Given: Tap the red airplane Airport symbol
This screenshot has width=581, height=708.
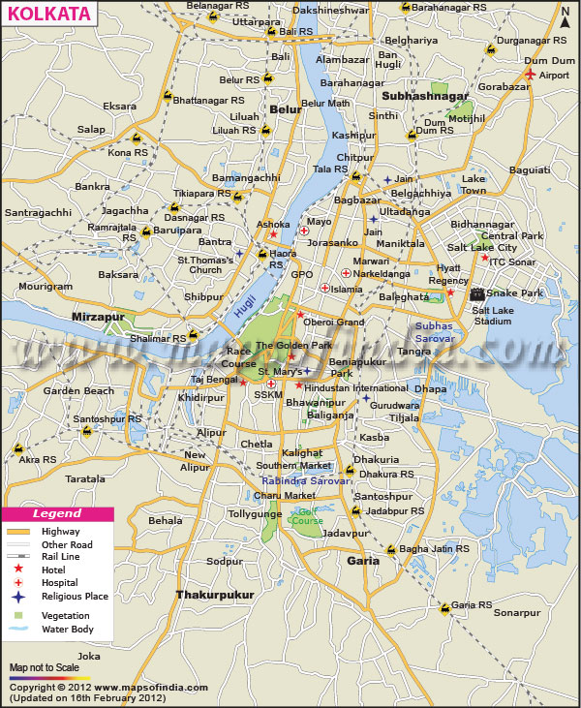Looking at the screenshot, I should (x=530, y=74).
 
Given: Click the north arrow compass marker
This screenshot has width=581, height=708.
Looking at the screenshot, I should (x=565, y=16).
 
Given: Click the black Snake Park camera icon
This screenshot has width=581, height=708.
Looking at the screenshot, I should (x=476, y=293).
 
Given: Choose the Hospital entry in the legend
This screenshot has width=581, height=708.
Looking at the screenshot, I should (x=59, y=583).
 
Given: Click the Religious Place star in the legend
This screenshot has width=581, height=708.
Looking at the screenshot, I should (x=19, y=597).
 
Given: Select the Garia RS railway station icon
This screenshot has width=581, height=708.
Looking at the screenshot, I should (x=444, y=607).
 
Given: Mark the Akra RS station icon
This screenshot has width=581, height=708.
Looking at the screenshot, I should (x=18, y=447).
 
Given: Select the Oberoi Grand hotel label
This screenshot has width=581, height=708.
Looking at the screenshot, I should (x=335, y=322).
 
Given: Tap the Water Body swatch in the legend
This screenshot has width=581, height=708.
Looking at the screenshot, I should (x=19, y=631).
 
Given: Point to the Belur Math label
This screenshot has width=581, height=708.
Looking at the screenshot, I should (x=325, y=103).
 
